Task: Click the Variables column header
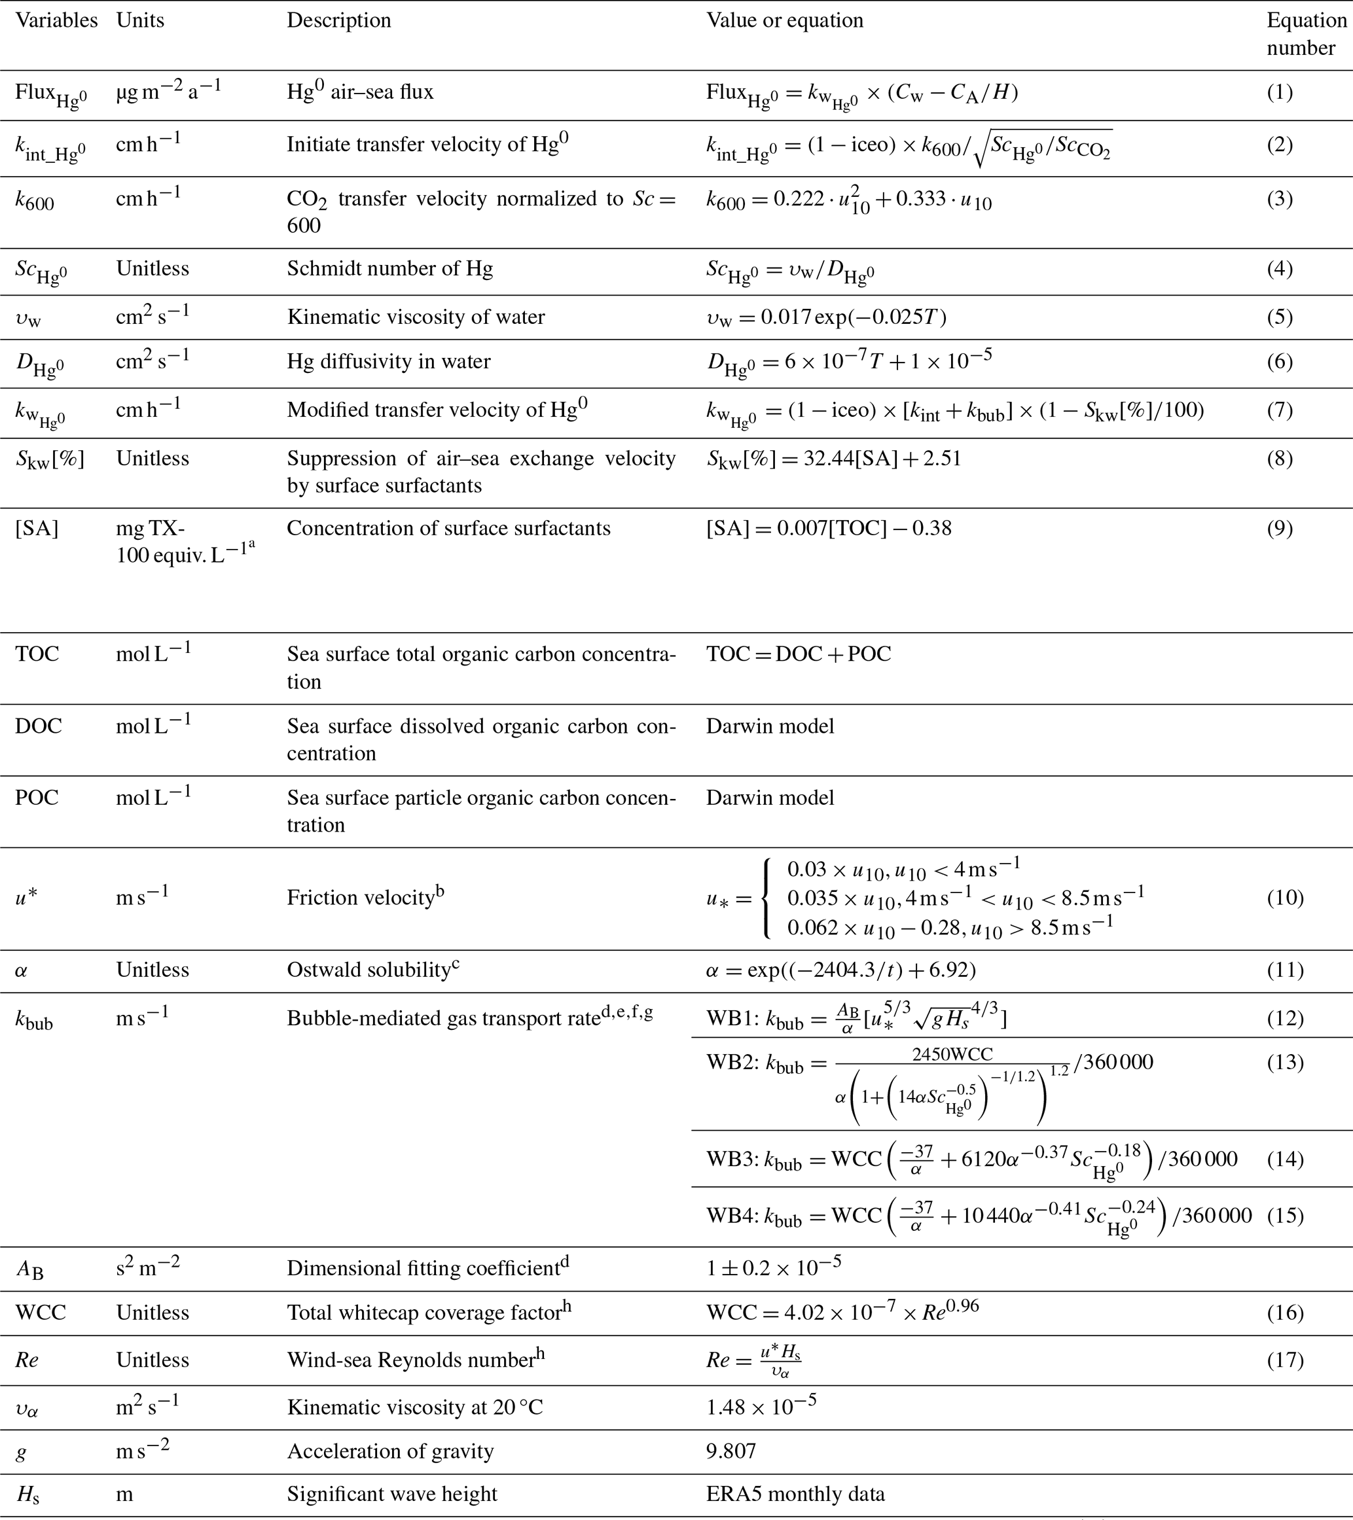click(x=56, y=20)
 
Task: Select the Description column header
click(x=338, y=20)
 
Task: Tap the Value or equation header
click(x=785, y=20)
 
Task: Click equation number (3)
click(x=1280, y=200)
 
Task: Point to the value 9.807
click(x=731, y=1451)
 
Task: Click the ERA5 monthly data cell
click(x=795, y=1494)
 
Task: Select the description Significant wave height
click(x=392, y=1494)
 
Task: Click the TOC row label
click(x=37, y=654)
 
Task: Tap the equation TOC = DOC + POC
click(x=798, y=654)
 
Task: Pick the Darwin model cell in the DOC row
click(x=770, y=726)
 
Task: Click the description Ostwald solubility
click(x=369, y=970)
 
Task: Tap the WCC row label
click(x=41, y=1313)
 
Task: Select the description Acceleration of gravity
click(x=389, y=1451)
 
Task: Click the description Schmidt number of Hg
click(x=389, y=268)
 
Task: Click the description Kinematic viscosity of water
click(x=416, y=317)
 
